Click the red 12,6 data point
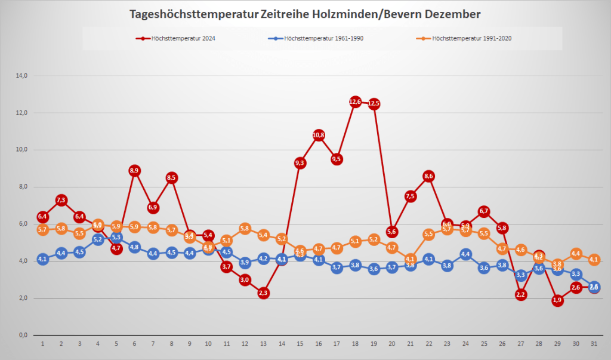(x=355, y=102)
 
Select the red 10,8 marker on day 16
(x=319, y=136)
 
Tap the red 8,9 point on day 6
(x=134, y=171)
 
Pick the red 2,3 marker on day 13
(x=264, y=293)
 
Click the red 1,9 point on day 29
(x=557, y=300)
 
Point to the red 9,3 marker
(x=300, y=163)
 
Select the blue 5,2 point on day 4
(x=98, y=239)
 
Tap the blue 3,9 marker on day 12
(x=245, y=262)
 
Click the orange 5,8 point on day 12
(x=245, y=229)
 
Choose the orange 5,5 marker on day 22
(x=429, y=234)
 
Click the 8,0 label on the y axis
(x=23, y=187)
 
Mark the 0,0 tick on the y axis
(x=23, y=335)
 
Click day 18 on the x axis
(x=355, y=344)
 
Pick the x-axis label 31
(x=594, y=344)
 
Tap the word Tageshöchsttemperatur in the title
(x=193, y=13)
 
